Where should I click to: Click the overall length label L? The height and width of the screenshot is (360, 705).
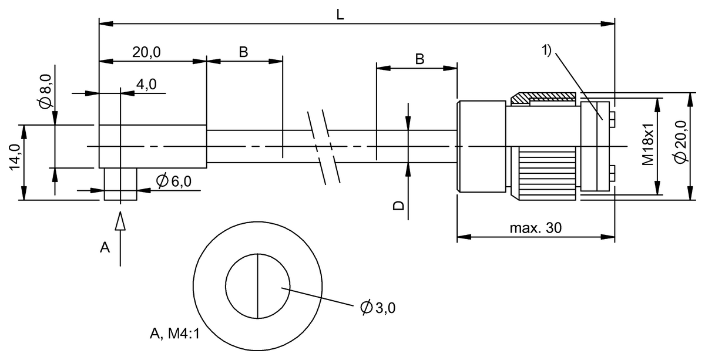(340, 14)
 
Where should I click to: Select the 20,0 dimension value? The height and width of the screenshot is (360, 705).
(147, 52)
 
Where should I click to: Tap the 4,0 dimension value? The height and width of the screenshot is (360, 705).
(146, 85)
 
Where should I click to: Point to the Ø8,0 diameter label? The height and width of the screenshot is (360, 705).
(46, 90)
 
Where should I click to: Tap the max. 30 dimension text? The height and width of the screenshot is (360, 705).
(535, 229)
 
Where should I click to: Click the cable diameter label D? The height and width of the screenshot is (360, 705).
(398, 205)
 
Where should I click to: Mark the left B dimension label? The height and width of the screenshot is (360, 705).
(243, 52)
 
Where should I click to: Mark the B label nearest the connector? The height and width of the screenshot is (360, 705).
(419, 59)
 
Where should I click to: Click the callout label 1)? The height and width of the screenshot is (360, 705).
(546, 51)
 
